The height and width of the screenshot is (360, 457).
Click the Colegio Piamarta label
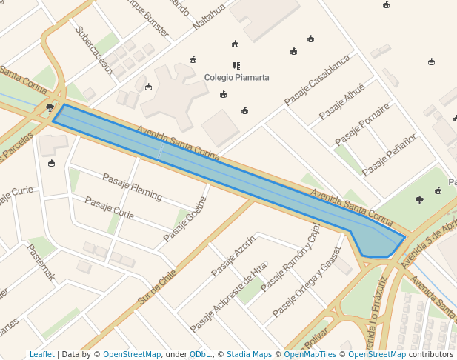point(236,77)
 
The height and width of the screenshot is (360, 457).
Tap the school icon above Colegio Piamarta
point(236,66)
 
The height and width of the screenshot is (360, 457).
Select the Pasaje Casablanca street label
point(317,81)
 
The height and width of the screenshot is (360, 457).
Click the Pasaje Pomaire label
point(362,124)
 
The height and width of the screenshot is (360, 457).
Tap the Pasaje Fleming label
point(132,187)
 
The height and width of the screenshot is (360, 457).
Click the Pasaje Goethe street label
point(185,214)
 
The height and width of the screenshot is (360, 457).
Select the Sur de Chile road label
point(158,287)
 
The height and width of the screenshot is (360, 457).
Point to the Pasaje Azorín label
point(234,255)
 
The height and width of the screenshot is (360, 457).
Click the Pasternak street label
point(41,262)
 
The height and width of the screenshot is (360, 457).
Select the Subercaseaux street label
point(95,51)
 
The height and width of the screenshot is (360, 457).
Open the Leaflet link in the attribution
point(42,355)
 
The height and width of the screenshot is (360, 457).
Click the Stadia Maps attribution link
point(249,355)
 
